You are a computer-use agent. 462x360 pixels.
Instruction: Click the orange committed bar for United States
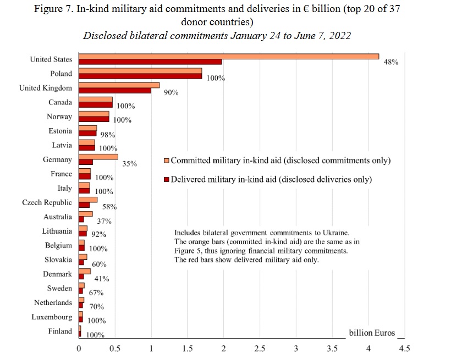point(229,56)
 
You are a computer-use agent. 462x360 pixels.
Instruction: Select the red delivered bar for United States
point(150,62)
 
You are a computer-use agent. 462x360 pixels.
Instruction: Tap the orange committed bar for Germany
point(98,157)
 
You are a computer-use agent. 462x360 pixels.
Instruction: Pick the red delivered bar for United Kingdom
point(115,90)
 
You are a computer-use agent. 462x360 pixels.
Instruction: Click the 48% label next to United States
point(391,63)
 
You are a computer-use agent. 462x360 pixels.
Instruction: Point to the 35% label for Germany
point(130,164)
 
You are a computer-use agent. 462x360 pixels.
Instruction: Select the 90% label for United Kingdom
point(171,93)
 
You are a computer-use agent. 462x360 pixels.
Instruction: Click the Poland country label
point(61,74)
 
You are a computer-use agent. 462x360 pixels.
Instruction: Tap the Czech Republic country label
point(47,202)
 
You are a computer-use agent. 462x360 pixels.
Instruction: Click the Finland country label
point(59,331)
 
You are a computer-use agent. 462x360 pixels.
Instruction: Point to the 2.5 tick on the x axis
point(260,348)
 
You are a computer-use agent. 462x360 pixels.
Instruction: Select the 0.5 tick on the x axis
point(115,348)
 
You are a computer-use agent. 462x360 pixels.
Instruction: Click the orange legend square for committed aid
point(167,161)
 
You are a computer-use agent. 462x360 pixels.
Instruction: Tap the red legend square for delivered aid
point(167,180)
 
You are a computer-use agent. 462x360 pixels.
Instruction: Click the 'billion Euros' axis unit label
point(372,333)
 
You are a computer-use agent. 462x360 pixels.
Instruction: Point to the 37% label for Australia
point(105,221)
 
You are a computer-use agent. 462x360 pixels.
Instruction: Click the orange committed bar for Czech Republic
point(88,200)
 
